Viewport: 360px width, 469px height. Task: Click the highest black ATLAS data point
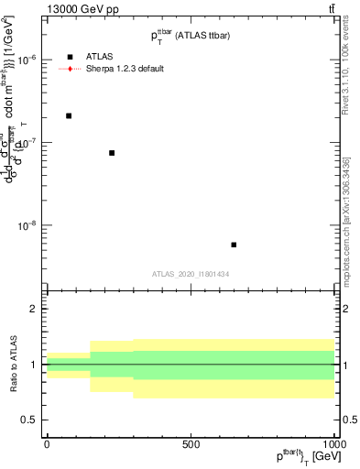tap(69, 115)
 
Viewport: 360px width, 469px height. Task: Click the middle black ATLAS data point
tap(112, 153)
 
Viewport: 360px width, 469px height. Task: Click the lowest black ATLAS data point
tap(234, 245)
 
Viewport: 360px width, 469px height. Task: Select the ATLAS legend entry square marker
tap(70, 57)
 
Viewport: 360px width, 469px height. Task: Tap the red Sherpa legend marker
tap(70, 69)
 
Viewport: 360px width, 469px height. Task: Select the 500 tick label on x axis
tap(191, 444)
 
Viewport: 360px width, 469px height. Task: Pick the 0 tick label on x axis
tap(47, 444)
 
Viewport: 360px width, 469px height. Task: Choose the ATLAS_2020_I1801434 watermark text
tap(191, 274)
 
